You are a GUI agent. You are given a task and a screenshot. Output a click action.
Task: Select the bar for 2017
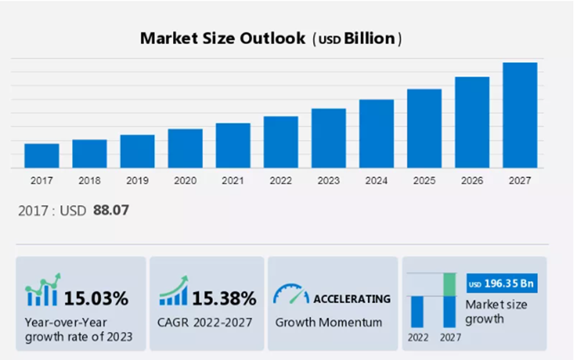(41, 155)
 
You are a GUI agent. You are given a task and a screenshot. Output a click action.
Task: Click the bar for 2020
(185, 148)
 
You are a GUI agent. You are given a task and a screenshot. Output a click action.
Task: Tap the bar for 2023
(328, 138)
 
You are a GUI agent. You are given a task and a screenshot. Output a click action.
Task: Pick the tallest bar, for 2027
(520, 115)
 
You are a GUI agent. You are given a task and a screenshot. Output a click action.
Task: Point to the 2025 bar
(424, 128)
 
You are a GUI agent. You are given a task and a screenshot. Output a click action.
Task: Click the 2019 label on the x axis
(137, 181)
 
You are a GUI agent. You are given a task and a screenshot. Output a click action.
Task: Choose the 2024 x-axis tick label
(376, 181)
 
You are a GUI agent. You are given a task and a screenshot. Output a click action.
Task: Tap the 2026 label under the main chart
(472, 181)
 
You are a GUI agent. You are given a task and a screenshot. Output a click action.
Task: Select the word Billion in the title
(370, 39)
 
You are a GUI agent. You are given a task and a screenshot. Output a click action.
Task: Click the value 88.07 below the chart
(111, 210)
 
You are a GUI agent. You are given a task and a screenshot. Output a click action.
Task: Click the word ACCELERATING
(352, 299)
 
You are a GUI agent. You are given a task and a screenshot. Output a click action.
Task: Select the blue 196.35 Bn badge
(501, 284)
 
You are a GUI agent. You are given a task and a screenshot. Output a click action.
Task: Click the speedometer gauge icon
(291, 294)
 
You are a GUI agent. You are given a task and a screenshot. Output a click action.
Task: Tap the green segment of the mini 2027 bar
(450, 284)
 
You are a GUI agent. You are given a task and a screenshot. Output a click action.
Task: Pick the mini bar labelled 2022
(418, 311)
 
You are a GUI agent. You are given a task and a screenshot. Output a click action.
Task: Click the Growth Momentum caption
(328, 323)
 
